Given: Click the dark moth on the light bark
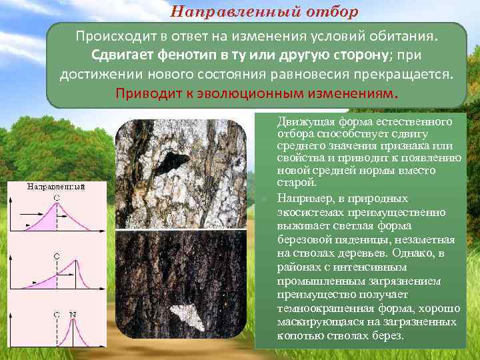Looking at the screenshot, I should pos(174,159).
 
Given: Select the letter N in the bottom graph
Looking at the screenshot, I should pos(73,313).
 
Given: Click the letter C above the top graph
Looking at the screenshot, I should pos(57,198).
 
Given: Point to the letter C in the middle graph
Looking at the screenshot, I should pos(57,255).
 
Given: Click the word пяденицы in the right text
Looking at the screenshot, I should pos(341,241).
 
